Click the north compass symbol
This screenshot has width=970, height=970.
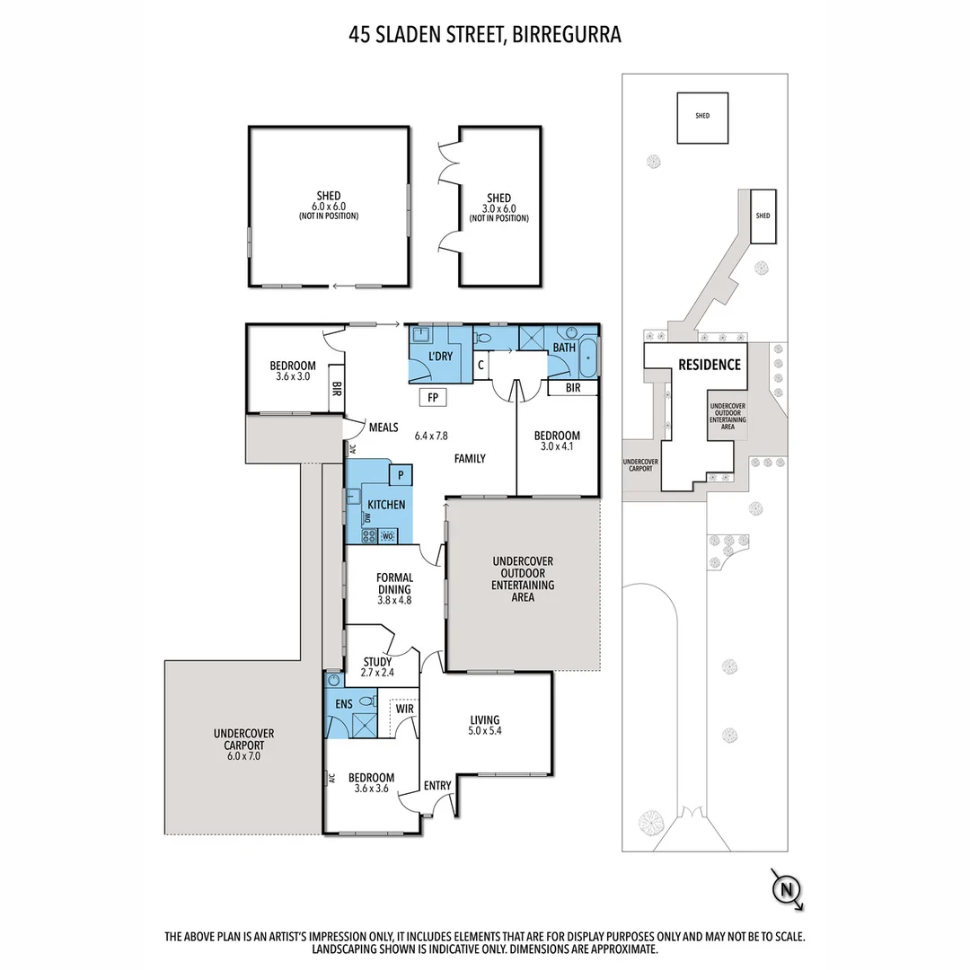787,889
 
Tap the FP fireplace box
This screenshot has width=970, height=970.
432,397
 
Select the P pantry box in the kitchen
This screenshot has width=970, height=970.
400,473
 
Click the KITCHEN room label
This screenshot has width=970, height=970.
385,505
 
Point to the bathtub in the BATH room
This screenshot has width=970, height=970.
588,357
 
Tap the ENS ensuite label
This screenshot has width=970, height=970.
344,704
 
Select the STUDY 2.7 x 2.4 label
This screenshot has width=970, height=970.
376,666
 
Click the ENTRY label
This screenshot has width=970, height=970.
437,786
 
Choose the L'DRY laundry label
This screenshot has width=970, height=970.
440,357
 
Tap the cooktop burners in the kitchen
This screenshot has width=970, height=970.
368,536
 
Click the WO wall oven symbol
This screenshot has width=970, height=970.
388,536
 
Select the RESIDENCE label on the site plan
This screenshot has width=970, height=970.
710,365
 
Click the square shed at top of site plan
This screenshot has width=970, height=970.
702,117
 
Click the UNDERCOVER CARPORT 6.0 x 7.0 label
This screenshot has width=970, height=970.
244,745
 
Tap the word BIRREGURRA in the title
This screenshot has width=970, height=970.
567,35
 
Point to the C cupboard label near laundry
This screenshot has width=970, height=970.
481,365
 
